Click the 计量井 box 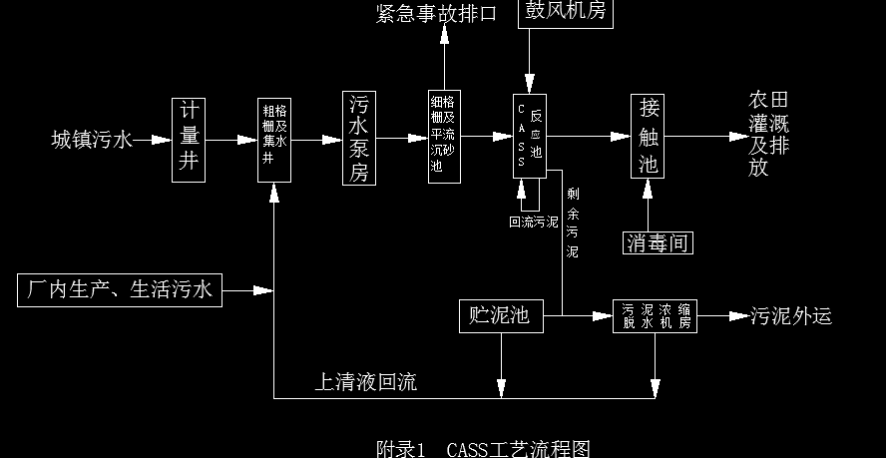(188, 139)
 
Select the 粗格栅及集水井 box (274, 140)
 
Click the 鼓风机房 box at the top (561, 13)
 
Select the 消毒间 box (658, 241)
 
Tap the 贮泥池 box (500, 316)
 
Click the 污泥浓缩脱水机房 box (655, 316)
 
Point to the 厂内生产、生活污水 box (119, 290)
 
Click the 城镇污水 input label (91, 140)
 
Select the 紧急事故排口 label (436, 13)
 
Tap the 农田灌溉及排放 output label (769, 135)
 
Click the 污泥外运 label (791, 317)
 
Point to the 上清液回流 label (366, 381)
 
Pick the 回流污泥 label (534, 222)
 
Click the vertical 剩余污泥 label (572, 223)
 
